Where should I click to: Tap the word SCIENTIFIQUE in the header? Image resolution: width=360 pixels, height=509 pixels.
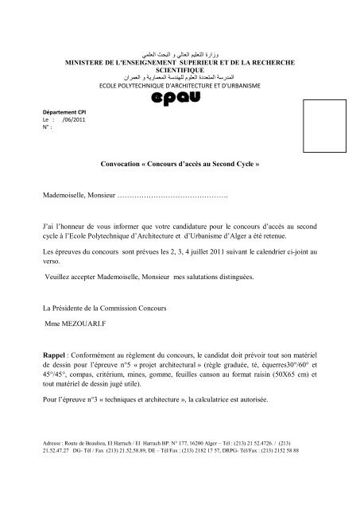tap(181, 69)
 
